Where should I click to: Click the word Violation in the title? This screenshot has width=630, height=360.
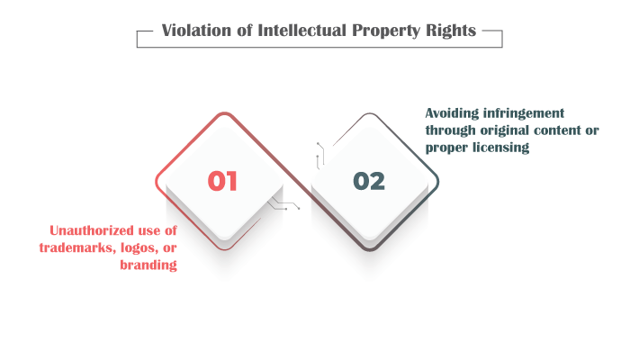[196, 31]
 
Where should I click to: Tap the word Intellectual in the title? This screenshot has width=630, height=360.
[301, 31]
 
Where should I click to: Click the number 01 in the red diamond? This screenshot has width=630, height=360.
[222, 181]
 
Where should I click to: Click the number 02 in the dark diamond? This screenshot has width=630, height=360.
[369, 181]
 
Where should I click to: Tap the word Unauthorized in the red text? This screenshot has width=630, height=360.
[91, 230]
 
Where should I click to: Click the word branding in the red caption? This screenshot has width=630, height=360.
[148, 265]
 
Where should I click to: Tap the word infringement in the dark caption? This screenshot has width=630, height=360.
[524, 113]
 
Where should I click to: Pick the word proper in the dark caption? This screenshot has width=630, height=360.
[446, 148]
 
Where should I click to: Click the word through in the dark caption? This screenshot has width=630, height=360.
[450, 131]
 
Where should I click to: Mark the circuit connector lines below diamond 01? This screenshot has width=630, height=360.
[283, 203]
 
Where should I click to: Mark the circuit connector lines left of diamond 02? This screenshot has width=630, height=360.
[320, 156]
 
